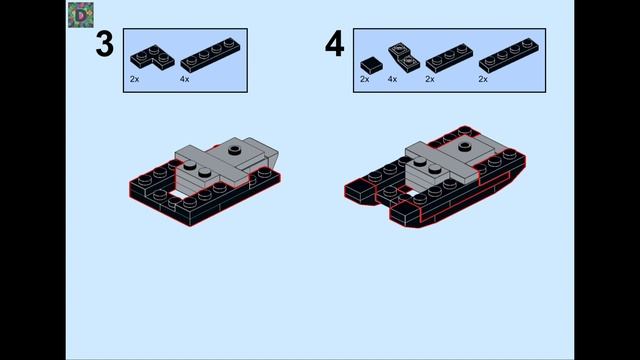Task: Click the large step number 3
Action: pyautogui.click(x=104, y=44)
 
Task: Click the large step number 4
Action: pyautogui.click(x=334, y=44)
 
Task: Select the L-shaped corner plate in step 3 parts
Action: pyautogui.click(x=152, y=58)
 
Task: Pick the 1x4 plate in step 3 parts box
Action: pyautogui.click(x=210, y=56)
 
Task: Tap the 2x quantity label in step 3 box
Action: pyautogui.click(x=134, y=79)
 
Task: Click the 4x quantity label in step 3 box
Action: pyautogui.click(x=184, y=79)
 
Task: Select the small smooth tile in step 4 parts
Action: pyautogui.click(x=371, y=65)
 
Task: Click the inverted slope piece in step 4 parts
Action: pyautogui.click(x=404, y=58)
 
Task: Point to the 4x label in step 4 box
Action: pyautogui.click(x=392, y=79)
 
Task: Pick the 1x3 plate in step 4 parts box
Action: pyautogui.click(x=449, y=58)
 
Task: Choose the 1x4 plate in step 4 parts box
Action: pyautogui.click(x=509, y=56)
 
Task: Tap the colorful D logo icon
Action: pyautogui.click(x=81, y=15)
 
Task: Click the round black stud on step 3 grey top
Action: pyautogui.click(x=234, y=150)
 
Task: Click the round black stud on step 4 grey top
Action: pyautogui.click(x=464, y=146)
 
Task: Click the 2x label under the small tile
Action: pyautogui.click(x=364, y=79)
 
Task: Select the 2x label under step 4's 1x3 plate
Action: pyautogui.click(x=430, y=79)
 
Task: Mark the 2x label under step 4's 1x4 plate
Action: pyautogui.click(x=483, y=79)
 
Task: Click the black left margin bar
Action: pyautogui.click(x=33, y=180)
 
